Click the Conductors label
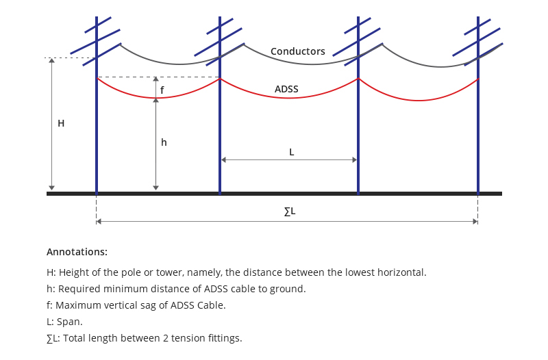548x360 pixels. pyautogui.click(x=298, y=51)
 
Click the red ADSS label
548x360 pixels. pyautogui.click(x=286, y=89)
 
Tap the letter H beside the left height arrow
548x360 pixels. pyautogui.click(x=61, y=124)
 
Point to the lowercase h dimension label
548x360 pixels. pyautogui.click(x=164, y=142)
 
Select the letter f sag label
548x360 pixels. pyautogui.click(x=162, y=89)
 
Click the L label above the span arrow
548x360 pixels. pyautogui.click(x=291, y=152)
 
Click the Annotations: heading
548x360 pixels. pyautogui.click(x=77, y=252)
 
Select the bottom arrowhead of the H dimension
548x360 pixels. pyautogui.click(x=51, y=187)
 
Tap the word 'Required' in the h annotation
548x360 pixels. pyautogui.click(x=75, y=289)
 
